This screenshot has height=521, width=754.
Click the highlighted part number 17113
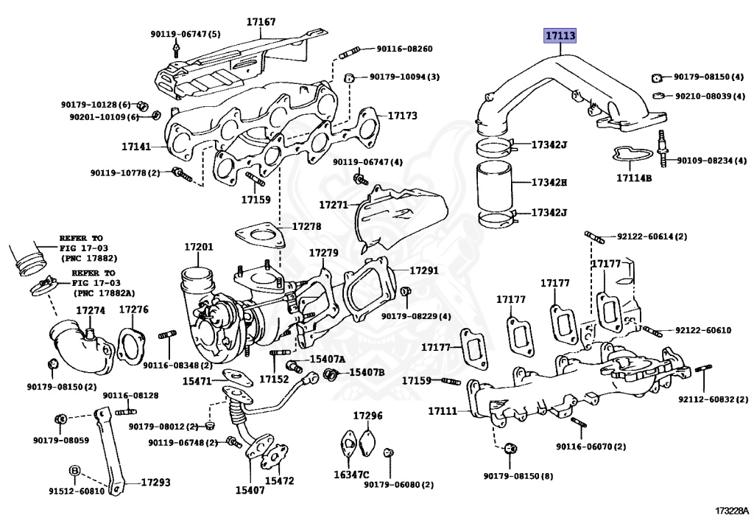(560, 35)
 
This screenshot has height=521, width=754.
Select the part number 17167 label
(261, 21)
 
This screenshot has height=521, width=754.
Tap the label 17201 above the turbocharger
(199, 247)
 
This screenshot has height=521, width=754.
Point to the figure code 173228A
(731, 510)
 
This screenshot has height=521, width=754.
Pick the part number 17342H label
(549, 182)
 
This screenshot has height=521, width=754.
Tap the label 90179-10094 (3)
(404, 77)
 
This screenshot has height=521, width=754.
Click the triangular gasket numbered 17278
(258, 236)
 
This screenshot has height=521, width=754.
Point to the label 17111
(443, 411)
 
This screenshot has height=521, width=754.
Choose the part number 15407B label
(367, 372)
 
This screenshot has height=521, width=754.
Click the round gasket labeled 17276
(130, 346)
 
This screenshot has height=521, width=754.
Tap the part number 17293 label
(155, 482)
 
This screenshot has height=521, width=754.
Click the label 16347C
(351, 475)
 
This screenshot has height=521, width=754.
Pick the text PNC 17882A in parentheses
(104, 293)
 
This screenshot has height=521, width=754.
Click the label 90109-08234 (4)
(712, 160)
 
